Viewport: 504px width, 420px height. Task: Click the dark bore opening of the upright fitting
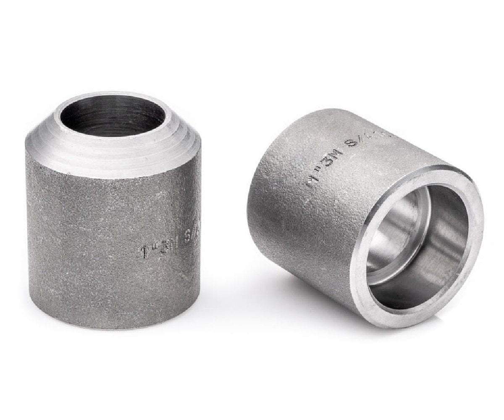click(112, 115)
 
